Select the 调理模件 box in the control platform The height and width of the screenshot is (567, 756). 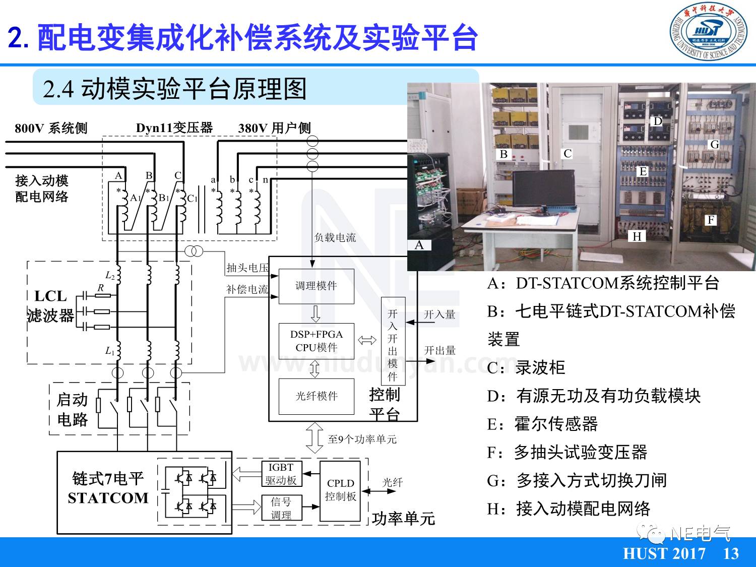click(317, 286)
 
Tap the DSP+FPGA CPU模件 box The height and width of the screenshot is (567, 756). click(317, 341)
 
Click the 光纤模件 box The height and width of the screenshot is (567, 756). click(317, 396)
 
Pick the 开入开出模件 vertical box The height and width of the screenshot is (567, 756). click(393, 345)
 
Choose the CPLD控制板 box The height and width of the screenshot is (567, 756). click(340, 490)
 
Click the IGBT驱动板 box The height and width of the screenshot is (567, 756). click(281, 474)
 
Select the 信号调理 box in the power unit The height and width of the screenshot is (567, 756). click(281, 508)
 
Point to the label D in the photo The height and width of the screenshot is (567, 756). click(657, 121)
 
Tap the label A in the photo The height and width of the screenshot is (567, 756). click(419, 245)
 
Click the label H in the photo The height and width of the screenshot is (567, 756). click(637, 236)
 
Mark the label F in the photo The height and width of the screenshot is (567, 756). click(711, 220)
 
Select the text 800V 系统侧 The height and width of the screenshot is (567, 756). click(51, 128)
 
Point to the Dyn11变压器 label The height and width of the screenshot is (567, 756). click(174, 128)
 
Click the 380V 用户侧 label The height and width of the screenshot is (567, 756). click(274, 128)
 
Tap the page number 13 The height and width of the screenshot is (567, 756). click(731, 554)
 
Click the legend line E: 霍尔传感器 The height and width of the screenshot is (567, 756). click(542, 424)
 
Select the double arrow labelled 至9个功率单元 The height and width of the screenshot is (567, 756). click(315, 438)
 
